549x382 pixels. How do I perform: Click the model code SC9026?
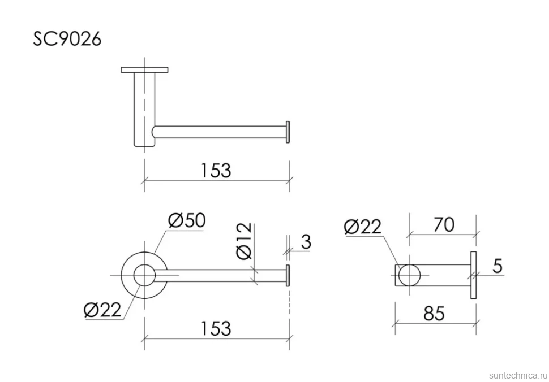(67, 39)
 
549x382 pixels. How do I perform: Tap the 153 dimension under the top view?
(216, 171)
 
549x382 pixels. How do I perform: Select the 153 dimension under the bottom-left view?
(216, 328)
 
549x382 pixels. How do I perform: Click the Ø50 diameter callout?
(187, 220)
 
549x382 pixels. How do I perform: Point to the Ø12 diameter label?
(244, 241)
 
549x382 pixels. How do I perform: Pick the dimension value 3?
(306, 241)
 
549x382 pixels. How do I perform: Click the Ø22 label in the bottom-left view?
(102, 310)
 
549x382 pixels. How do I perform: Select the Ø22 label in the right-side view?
(362, 227)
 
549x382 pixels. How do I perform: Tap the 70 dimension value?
(444, 225)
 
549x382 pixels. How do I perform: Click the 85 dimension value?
(434, 314)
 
